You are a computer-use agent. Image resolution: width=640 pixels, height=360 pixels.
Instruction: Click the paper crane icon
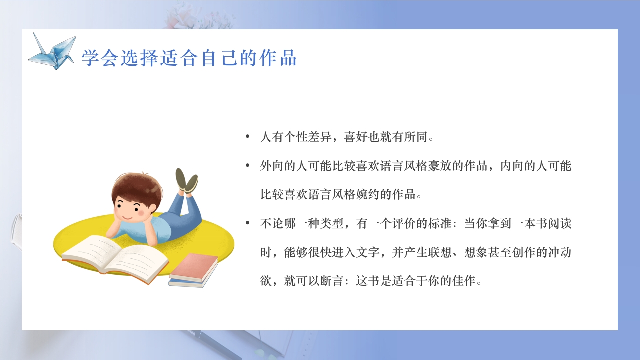pyautogui.click(x=52, y=51)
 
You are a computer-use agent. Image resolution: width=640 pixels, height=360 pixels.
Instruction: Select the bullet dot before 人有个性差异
pyautogui.click(x=248, y=137)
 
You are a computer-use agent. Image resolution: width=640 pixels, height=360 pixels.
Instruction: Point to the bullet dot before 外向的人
pyautogui.click(x=248, y=165)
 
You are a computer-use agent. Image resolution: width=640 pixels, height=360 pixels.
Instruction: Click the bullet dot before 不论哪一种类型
pyautogui.click(x=248, y=223)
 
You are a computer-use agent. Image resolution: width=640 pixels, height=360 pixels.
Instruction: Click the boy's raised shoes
pyautogui.click(x=187, y=180)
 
